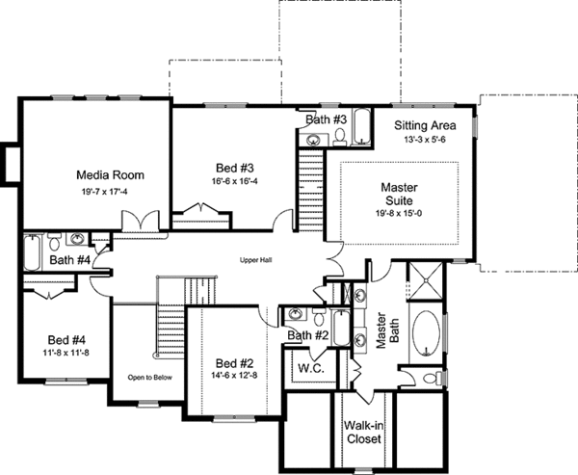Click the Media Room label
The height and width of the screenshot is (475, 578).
coord(110,175)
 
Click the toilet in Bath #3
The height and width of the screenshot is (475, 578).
coord(339,141)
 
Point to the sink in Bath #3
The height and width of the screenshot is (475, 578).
coord(314,141)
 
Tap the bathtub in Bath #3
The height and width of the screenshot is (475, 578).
coord(362,128)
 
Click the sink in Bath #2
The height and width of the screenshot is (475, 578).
coord(296,315)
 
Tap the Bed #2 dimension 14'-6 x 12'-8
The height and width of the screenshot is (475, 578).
coord(232,376)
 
